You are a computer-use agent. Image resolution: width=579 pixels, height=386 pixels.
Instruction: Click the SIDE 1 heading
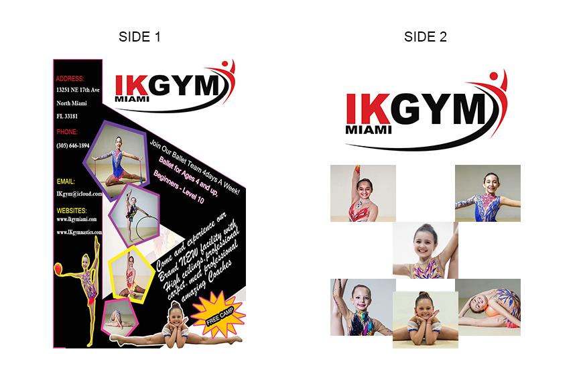point(139,37)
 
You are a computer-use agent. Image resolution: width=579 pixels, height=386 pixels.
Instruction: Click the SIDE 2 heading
point(425,37)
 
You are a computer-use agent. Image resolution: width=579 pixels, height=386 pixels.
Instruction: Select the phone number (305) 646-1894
point(73,145)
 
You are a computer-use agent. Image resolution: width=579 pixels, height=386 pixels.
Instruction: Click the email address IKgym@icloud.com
point(78,194)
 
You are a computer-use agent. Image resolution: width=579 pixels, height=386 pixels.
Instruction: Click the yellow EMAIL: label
point(66,182)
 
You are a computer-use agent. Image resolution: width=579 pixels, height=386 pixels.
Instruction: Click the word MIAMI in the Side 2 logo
point(368,129)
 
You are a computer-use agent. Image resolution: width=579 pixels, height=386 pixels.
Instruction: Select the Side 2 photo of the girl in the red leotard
point(363,193)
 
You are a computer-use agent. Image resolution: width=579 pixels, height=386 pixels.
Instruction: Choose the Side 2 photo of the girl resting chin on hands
point(426,319)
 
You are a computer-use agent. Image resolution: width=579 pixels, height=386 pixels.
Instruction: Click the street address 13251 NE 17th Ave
point(78,90)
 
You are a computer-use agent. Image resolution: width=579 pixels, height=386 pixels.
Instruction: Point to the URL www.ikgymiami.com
point(76,219)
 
